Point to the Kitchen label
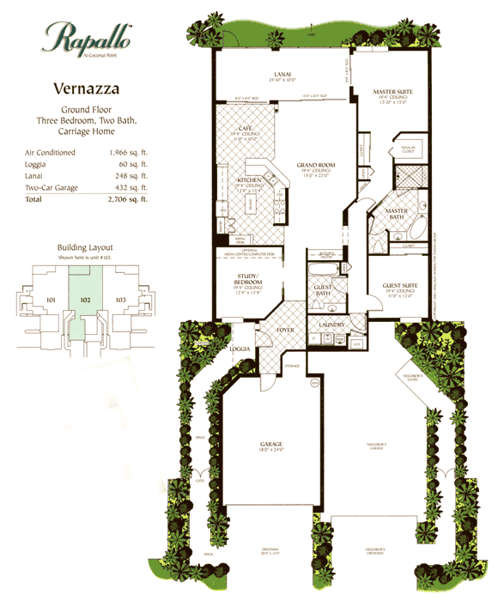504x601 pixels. pos(250,181)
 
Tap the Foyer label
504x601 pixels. pos(285,328)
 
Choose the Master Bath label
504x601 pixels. pos(396,212)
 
